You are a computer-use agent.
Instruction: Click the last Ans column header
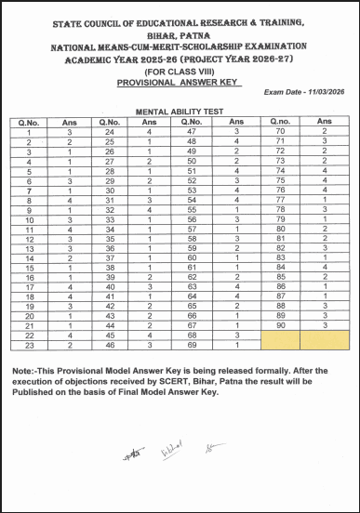pyautogui.click(x=323, y=121)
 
